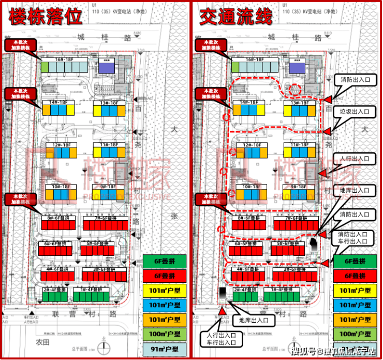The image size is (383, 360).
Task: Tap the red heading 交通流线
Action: point(236,17)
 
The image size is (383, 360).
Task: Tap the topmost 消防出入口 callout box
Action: point(359,81)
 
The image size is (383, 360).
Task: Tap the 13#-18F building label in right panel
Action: point(299,103)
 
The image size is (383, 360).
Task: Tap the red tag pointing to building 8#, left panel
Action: point(21,199)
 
